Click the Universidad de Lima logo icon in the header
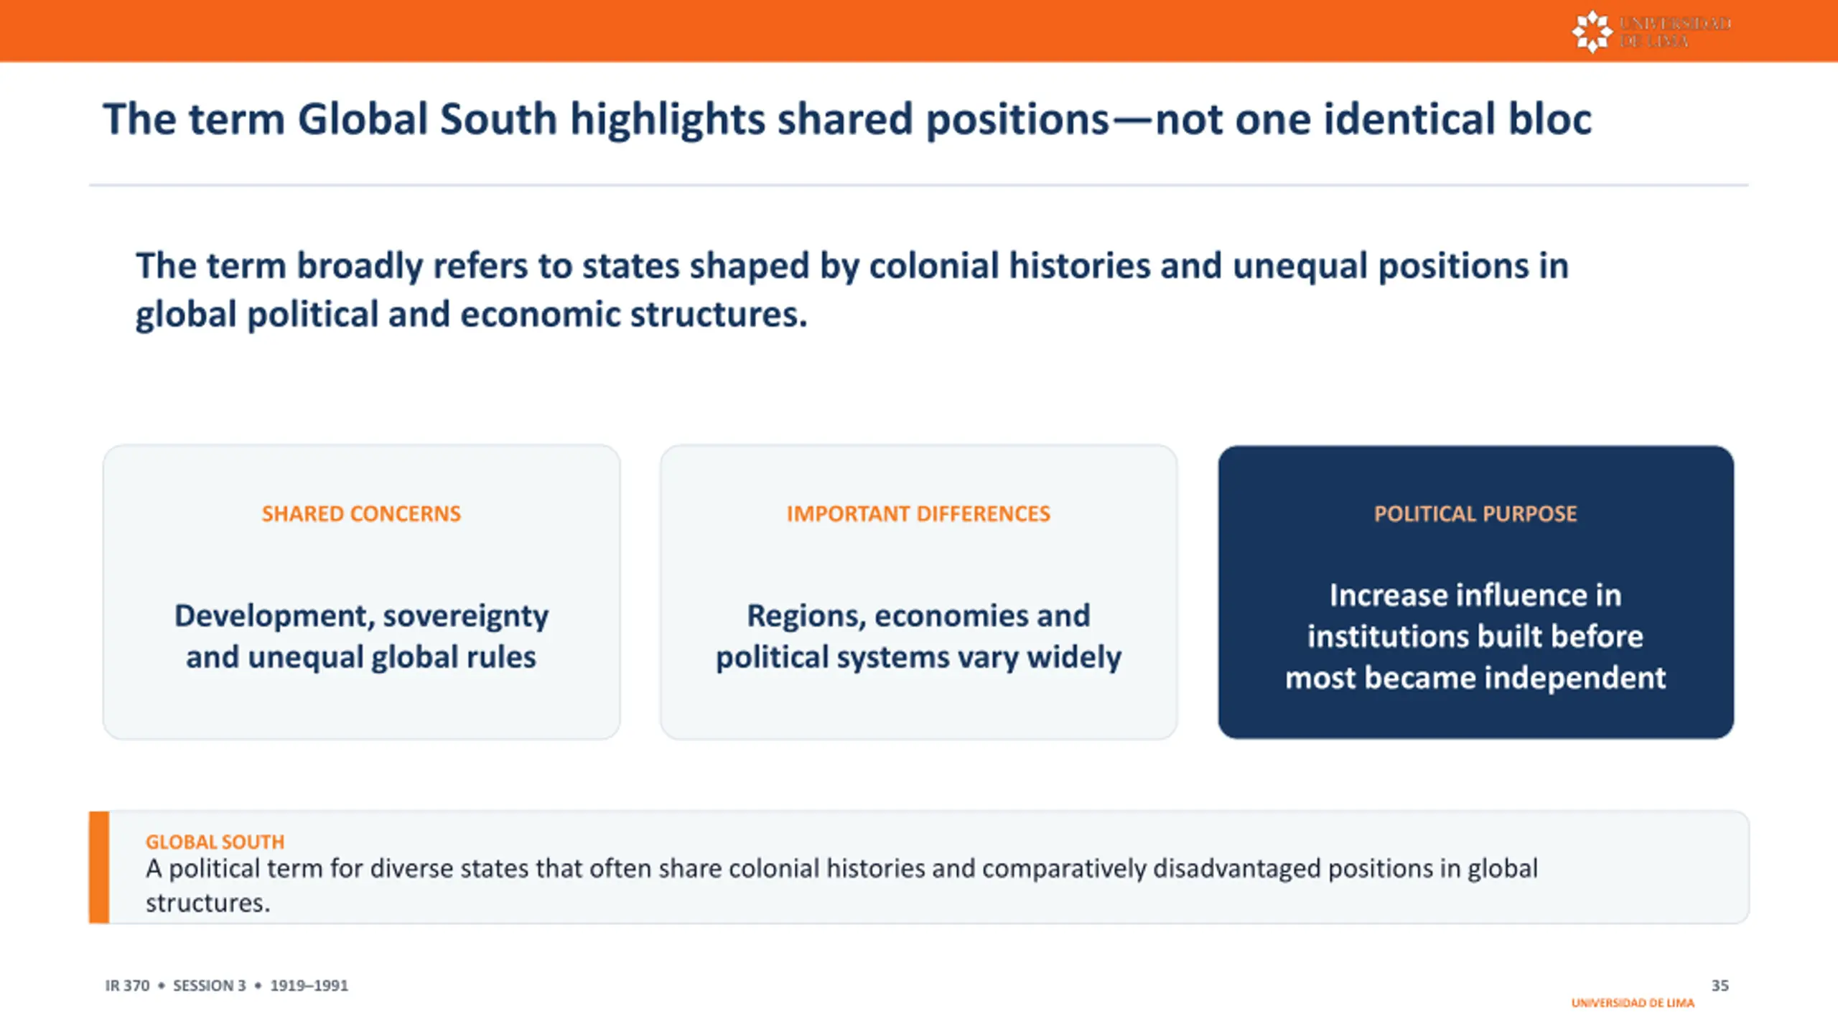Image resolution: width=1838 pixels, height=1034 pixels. (1592, 32)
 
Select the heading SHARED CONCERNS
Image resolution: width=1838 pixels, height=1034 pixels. (361, 514)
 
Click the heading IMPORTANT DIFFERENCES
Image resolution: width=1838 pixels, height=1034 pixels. (918, 514)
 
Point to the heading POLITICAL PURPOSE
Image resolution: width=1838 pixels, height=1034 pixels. (1475, 514)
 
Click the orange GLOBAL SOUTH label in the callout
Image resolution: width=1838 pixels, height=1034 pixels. (215, 842)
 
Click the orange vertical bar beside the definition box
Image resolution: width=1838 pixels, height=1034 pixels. (99, 867)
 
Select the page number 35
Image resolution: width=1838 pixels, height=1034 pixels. (1720, 985)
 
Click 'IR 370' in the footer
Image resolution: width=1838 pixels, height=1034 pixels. (127, 985)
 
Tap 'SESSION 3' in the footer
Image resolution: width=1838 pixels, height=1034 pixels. (209, 985)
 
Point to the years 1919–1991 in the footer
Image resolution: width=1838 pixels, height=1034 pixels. (309, 985)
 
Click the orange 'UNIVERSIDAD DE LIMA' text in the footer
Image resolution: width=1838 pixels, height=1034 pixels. (1633, 1003)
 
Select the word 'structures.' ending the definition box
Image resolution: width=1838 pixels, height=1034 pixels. (208, 903)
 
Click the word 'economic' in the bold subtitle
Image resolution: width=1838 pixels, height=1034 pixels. (540, 315)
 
